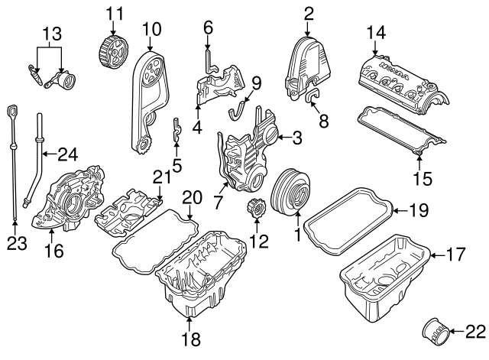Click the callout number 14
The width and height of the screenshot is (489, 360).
(x=377, y=34)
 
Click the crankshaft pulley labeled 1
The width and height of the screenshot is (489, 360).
(x=291, y=193)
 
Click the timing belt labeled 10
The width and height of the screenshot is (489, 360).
(x=148, y=92)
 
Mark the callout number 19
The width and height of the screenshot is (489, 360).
(x=416, y=209)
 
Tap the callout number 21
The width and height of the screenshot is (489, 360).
(x=160, y=177)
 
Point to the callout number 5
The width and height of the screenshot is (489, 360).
(x=176, y=164)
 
